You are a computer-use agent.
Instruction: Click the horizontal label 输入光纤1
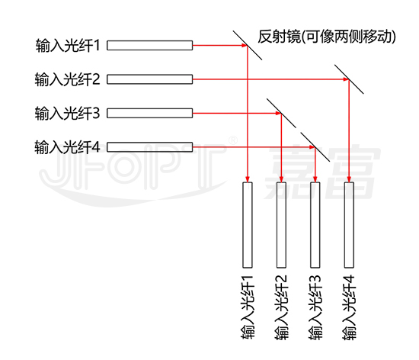click(68, 46)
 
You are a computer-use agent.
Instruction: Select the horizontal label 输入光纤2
click(67, 79)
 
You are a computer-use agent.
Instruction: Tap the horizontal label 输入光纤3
click(67, 113)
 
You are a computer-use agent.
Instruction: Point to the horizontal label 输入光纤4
click(67, 147)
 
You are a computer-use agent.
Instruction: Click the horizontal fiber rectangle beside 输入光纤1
click(149, 46)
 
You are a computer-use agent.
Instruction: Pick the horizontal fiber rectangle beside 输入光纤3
click(149, 113)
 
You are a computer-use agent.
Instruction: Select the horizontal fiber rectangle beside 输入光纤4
click(149, 147)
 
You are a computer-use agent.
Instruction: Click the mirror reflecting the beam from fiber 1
click(248, 46)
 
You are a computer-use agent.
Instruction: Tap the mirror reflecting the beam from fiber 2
click(349, 79)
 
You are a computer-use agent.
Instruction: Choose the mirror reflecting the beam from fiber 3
click(281, 113)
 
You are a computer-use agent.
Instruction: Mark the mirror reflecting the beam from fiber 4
click(315, 147)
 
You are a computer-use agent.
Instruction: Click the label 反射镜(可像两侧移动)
click(327, 37)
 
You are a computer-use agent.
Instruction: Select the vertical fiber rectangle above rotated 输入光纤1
click(248, 225)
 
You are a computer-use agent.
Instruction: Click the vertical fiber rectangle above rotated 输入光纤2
click(281, 225)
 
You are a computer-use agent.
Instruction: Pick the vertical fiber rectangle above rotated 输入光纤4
click(349, 225)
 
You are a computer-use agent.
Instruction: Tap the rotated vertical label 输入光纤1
click(248, 307)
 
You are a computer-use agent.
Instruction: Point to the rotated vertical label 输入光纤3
click(315, 307)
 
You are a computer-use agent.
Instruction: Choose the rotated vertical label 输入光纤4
click(349, 307)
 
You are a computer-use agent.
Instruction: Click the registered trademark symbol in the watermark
click(233, 140)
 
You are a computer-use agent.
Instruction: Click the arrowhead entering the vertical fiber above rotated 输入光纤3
click(315, 179)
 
